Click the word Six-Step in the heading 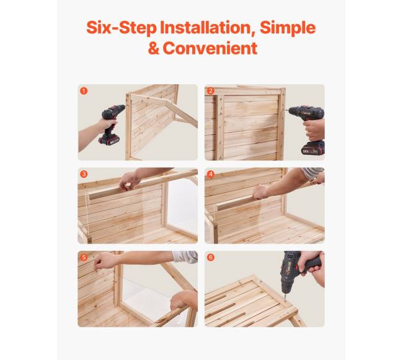tap(122, 28)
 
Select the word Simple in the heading tap(288, 28)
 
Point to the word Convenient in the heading tap(210, 48)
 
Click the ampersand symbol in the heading tap(154, 48)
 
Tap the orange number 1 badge tap(84, 91)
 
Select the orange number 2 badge tap(211, 91)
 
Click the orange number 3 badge tap(84, 174)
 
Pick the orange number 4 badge tap(211, 174)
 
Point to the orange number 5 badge tap(84, 257)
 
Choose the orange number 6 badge tap(211, 257)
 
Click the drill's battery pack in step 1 tap(109, 139)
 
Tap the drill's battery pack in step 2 tap(312, 148)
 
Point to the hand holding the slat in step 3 tap(130, 180)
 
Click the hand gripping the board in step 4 tap(261, 192)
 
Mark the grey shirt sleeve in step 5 tap(185, 257)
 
